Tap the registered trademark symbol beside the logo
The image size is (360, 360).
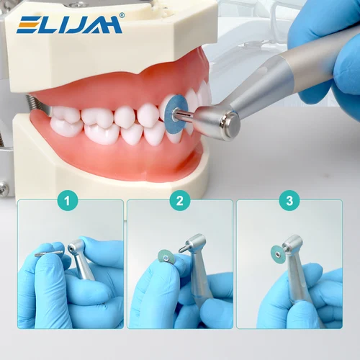click(121, 15)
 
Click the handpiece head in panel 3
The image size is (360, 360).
click(292, 248)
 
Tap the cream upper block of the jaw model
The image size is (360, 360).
click(108, 50)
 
